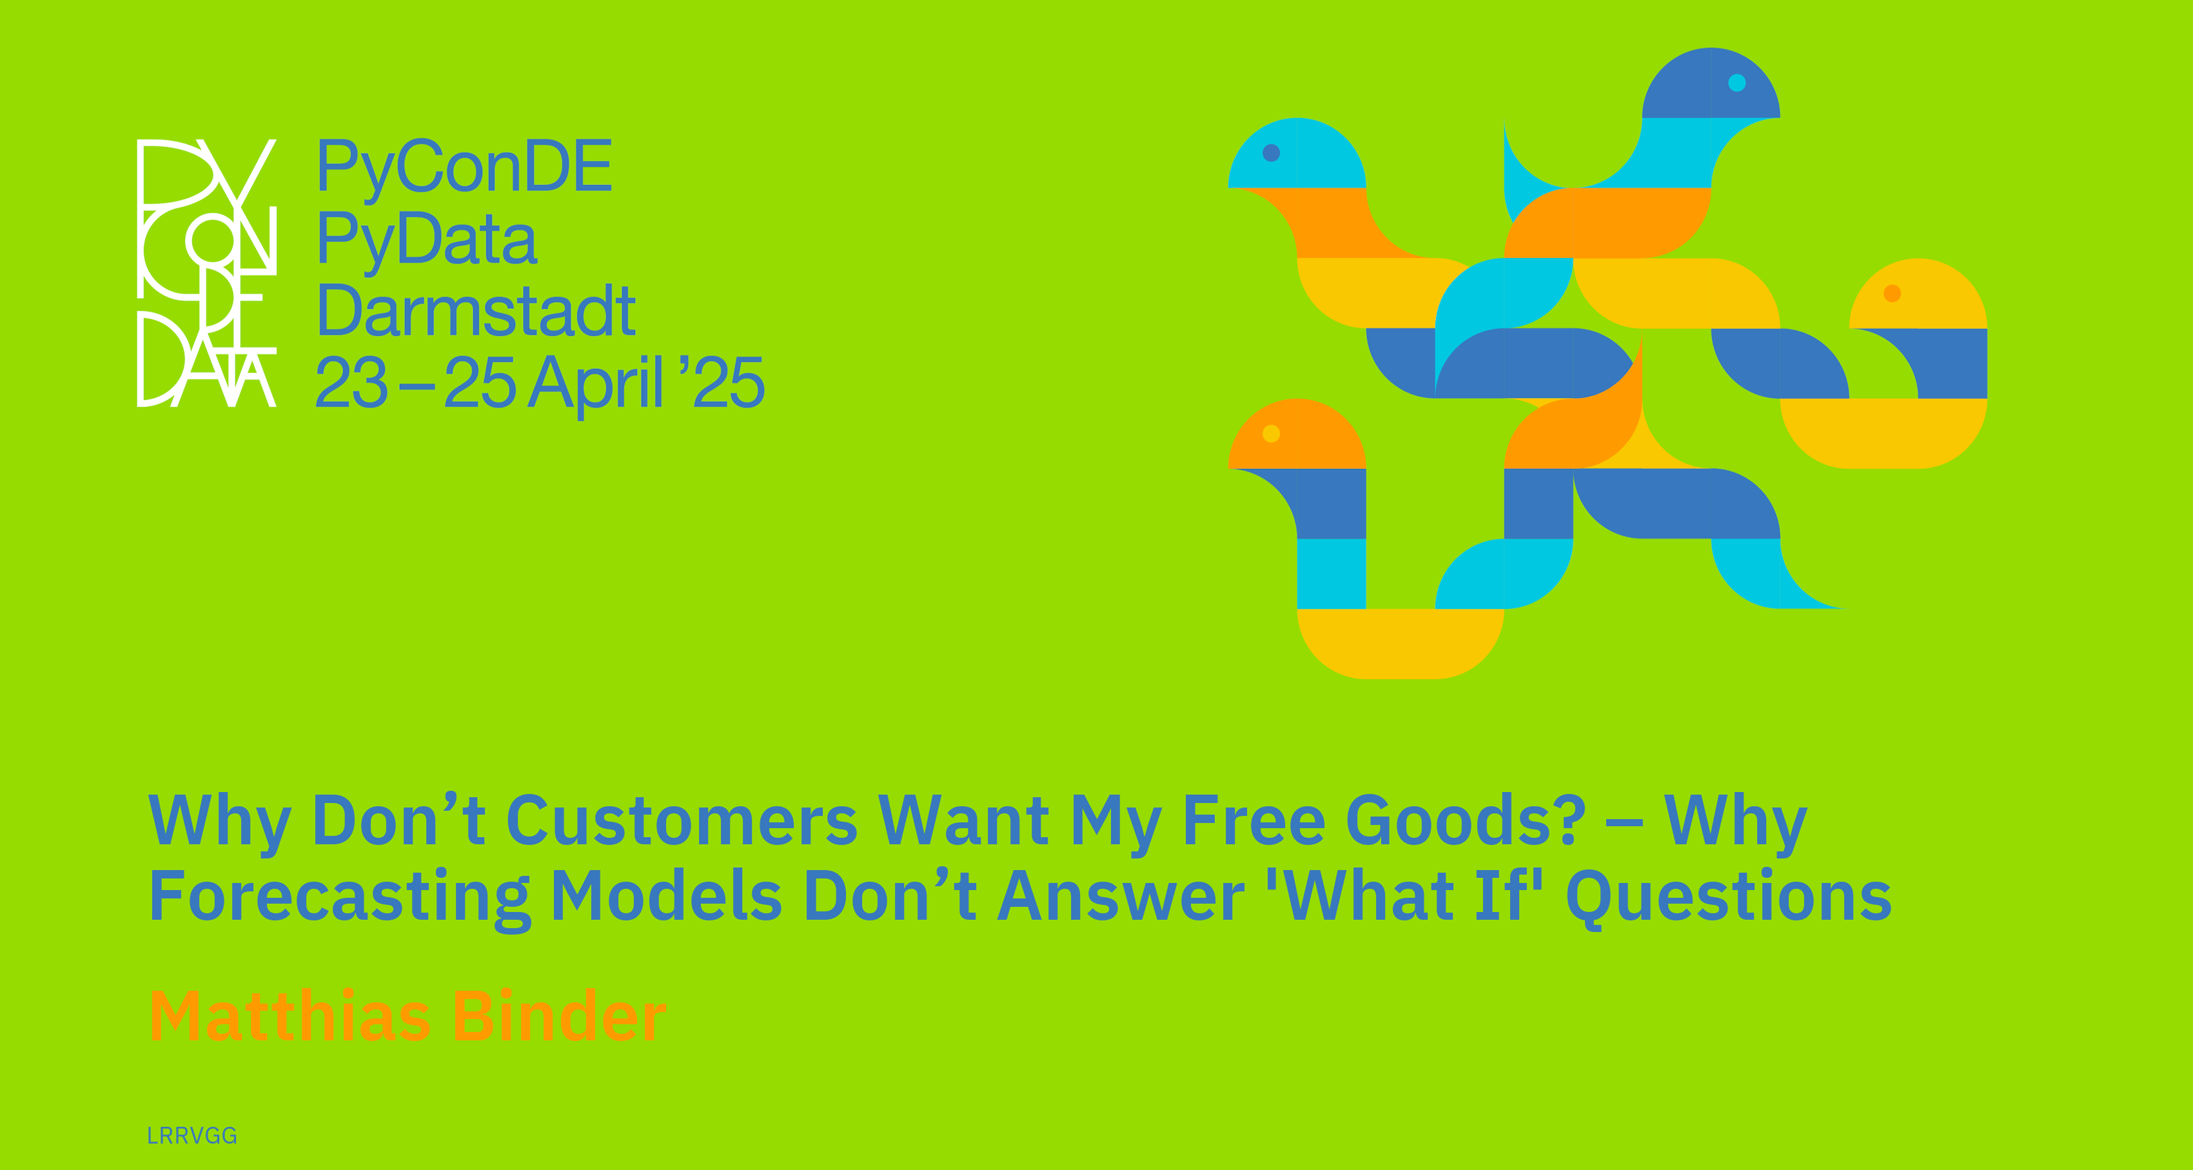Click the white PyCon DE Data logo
(x=207, y=272)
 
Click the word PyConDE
(x=464, y=168)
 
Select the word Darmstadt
(x=476, y=311)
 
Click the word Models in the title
(x=667, y=896)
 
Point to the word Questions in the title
(x=1729, y=898)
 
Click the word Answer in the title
(x=1121, y=896)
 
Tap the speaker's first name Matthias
(x=290, y=1015)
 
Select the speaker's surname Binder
(x=558, y=1015)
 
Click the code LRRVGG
(x=192, y=1136)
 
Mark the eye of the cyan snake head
(x=1271, y=152)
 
